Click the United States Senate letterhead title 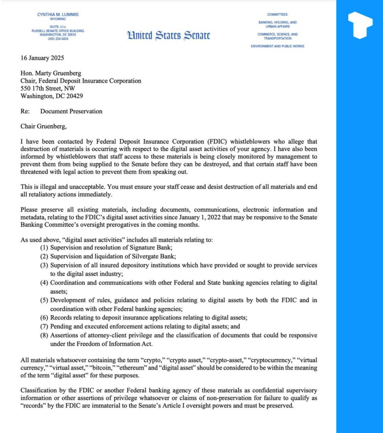[168, 36]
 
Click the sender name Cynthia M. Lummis [58, 15]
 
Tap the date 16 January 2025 [42, 58]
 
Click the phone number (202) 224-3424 [58, 39]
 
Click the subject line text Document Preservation [71, 111]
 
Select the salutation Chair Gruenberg [43, 127]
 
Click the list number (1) [44, 248]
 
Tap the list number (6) [44, 318]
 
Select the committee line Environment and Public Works [277, 46]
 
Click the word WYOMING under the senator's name [58, 19]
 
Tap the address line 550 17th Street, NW [48, 89]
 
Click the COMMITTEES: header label [277, 15]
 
